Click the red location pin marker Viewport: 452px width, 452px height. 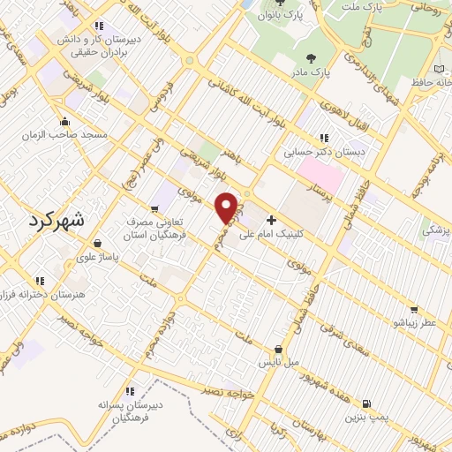point(227,207)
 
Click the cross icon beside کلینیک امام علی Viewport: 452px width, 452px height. point(270,220)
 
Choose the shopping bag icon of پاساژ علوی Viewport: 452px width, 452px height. point(96,243)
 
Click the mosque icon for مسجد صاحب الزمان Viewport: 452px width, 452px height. point(64,122)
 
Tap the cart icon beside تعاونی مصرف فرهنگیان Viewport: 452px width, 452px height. point(154,210)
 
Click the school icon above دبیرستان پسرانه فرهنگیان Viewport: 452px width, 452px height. point(130,390)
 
